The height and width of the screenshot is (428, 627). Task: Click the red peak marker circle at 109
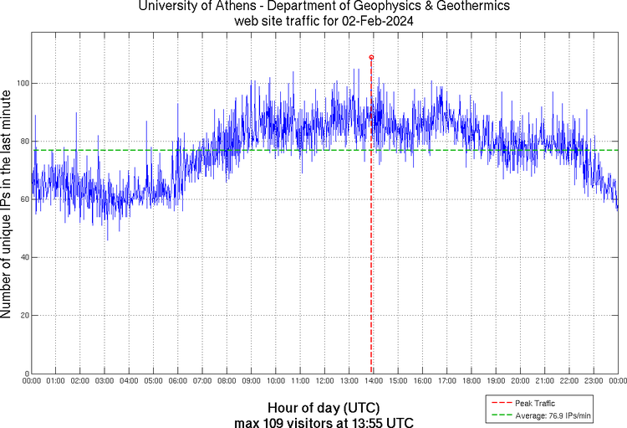371,57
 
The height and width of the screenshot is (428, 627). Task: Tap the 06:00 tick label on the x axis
178,382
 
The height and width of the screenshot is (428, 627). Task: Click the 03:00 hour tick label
104,382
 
